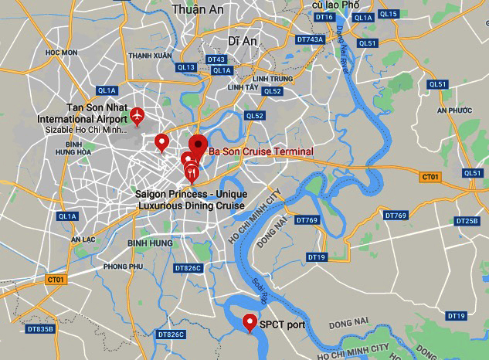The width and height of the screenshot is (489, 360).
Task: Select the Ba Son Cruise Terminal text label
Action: point(260,151)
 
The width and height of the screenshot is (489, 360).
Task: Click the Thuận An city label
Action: point(197,9)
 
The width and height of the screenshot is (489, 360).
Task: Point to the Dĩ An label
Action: point(243,40)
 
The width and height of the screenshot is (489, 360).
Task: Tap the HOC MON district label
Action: point(63,53)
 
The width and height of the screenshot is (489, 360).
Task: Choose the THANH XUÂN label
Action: point(150,56)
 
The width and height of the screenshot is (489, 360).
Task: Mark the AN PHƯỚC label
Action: point(453,110)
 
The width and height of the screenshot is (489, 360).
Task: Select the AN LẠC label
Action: point(83,239)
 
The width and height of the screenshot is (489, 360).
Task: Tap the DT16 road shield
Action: point(324,17)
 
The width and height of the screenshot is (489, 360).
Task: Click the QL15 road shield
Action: point(389,14)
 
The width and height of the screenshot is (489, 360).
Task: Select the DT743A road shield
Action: point(310,39)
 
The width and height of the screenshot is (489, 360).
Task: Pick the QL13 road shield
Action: point(186,67)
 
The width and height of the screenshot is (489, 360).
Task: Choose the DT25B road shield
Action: point(467,221)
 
